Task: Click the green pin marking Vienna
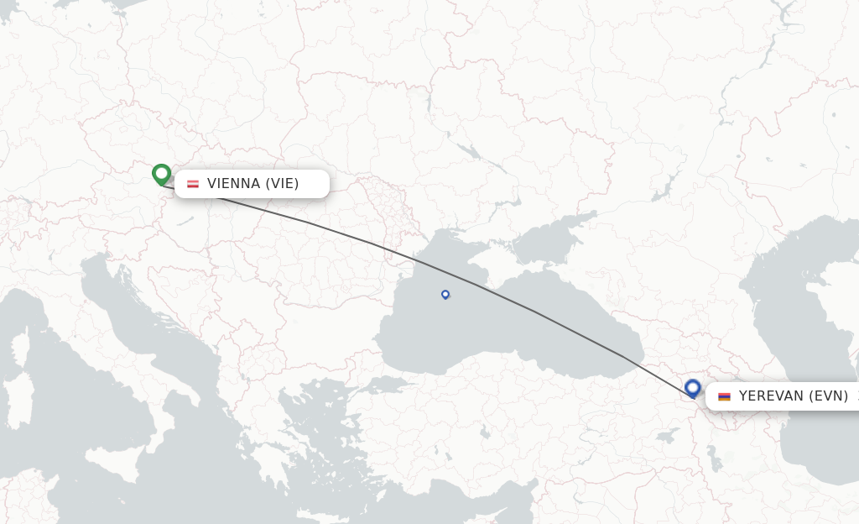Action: point(162,174)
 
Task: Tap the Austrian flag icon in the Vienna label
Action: point(193,184)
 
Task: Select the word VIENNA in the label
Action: point(233,184)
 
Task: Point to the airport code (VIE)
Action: point(282,184)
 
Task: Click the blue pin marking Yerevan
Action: point(693,388)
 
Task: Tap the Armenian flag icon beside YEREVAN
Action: point(724,396)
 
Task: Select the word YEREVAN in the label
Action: point(771,396)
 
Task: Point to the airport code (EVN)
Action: point(829,396)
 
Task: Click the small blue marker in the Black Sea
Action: point(445,294)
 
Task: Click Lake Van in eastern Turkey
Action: point(667,436)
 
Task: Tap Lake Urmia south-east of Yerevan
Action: point(713,458)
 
